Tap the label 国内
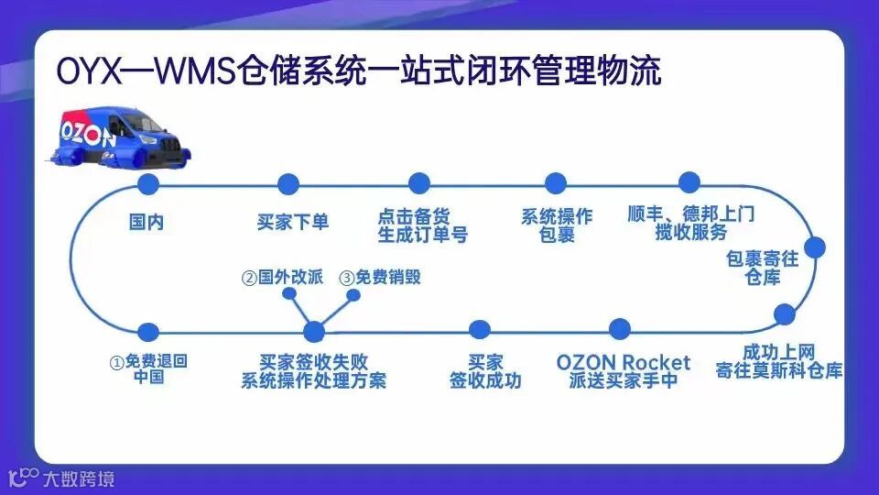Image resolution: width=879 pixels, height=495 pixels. [x=146, y=222]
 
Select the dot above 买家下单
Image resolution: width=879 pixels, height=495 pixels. [x=288, y=183]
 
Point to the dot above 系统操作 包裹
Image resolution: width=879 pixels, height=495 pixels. [x=556, y=183]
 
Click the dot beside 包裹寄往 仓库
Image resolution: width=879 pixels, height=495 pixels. [x=814, y=247]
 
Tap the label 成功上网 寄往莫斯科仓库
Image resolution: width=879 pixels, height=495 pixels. [x=779, y=362]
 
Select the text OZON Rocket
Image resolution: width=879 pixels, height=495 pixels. [x=624, y=362]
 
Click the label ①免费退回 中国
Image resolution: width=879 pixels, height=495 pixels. [x=148, y=368]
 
